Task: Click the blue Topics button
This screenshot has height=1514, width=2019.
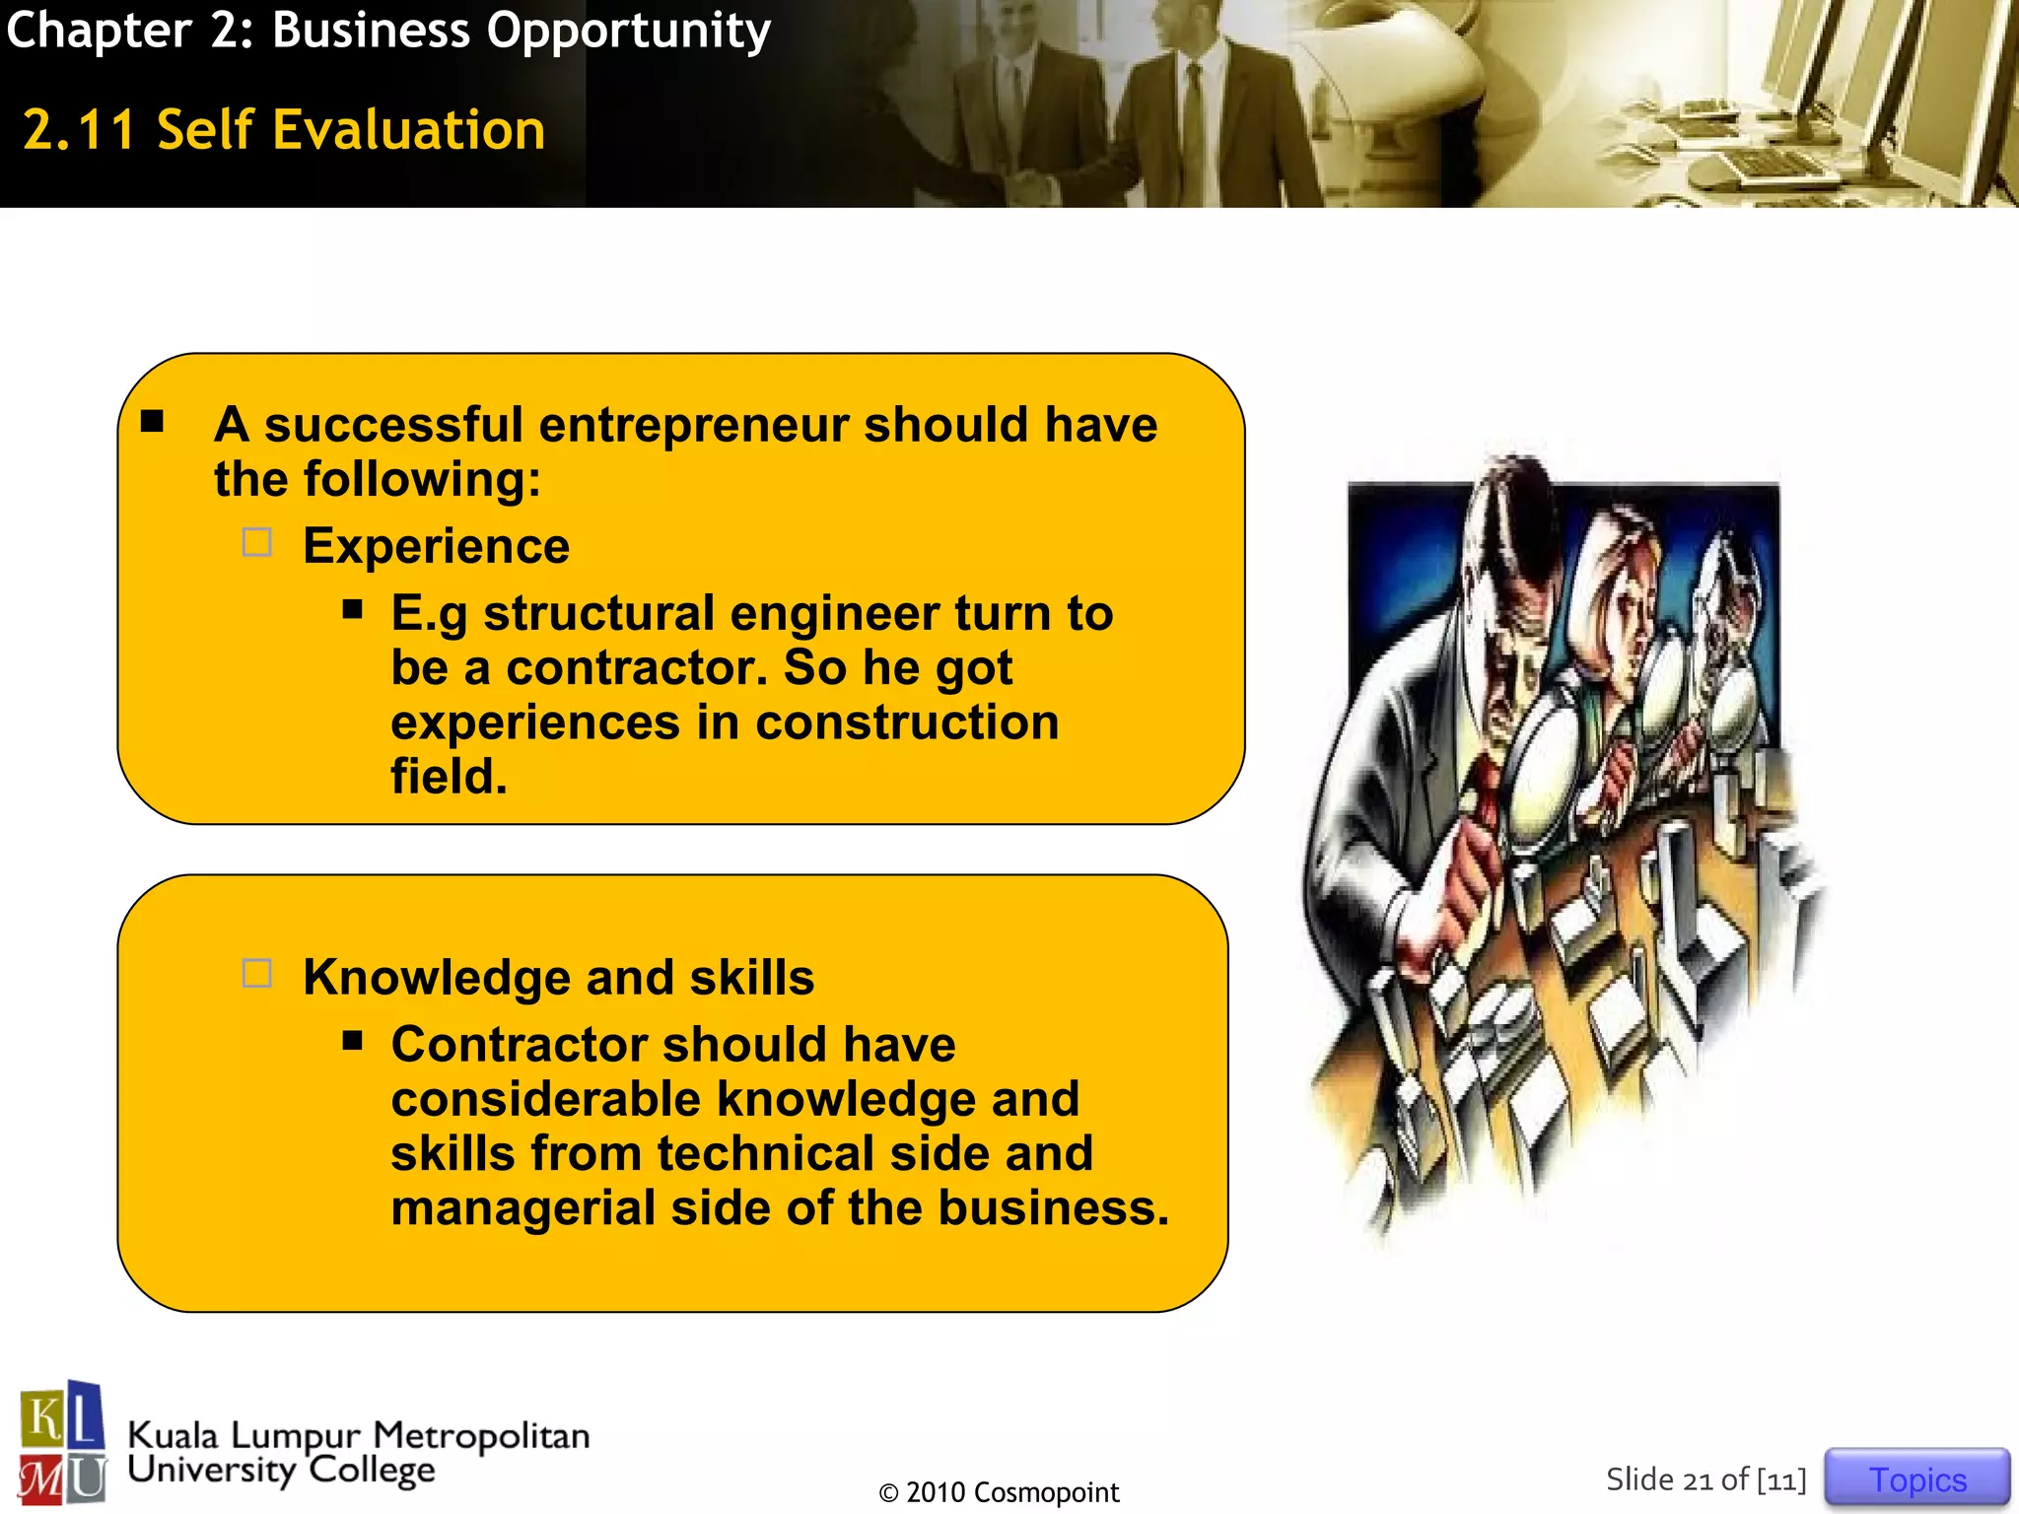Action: (1916, 1479)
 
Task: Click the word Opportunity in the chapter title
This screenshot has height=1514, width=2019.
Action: (628, 32)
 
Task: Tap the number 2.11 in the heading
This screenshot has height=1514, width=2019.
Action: (79, 130)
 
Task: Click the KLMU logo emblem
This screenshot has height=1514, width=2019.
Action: (62, 1442)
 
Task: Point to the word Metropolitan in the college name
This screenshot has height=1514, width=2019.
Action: (481, 1436)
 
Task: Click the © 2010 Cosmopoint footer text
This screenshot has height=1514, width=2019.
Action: (999, 1492)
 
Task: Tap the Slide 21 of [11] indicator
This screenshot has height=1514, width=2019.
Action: (1706, 1480)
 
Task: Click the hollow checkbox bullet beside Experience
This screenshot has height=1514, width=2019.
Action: (257, 543)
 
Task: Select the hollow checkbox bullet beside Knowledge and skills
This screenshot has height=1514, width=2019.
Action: (257, 974)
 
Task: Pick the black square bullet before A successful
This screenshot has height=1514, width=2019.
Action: (152, 422)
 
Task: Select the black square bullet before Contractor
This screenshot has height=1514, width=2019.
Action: (353, 1041)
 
